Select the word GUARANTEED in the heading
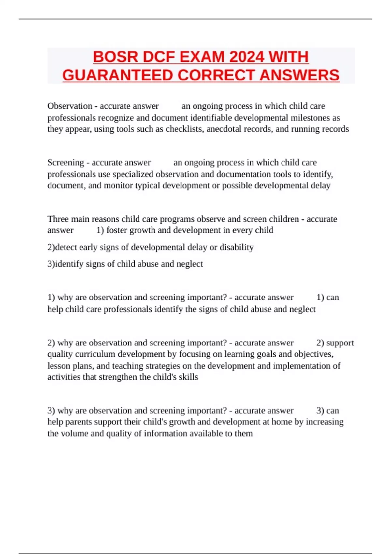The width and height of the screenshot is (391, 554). pyautogui.click(x=118, y=75)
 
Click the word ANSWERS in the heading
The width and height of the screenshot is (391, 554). pyautogui.click(x=299, y=75)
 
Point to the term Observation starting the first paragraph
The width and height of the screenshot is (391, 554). pyautogui.click(x=70, y=106)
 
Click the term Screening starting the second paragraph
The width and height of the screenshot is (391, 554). pyautogui.click(x=65, y=162)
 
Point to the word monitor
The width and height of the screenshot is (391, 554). pyautogui.click(x=118, y=185)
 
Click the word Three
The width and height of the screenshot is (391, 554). pyautogui.click(x=58, y=219)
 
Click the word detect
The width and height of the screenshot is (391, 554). pyautogui.click(x=66, y=247)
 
